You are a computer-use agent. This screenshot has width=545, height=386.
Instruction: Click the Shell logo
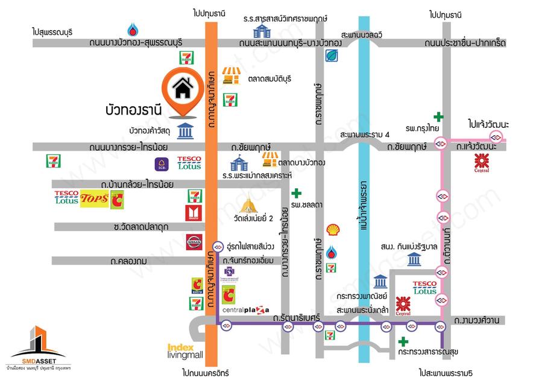332,230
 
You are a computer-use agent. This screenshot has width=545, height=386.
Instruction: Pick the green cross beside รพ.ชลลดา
296,194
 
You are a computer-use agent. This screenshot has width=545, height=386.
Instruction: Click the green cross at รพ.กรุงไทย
439,116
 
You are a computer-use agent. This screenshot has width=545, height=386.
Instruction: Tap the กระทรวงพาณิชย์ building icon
380,282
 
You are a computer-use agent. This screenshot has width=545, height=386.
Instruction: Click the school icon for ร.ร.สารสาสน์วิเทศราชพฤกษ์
262,30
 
